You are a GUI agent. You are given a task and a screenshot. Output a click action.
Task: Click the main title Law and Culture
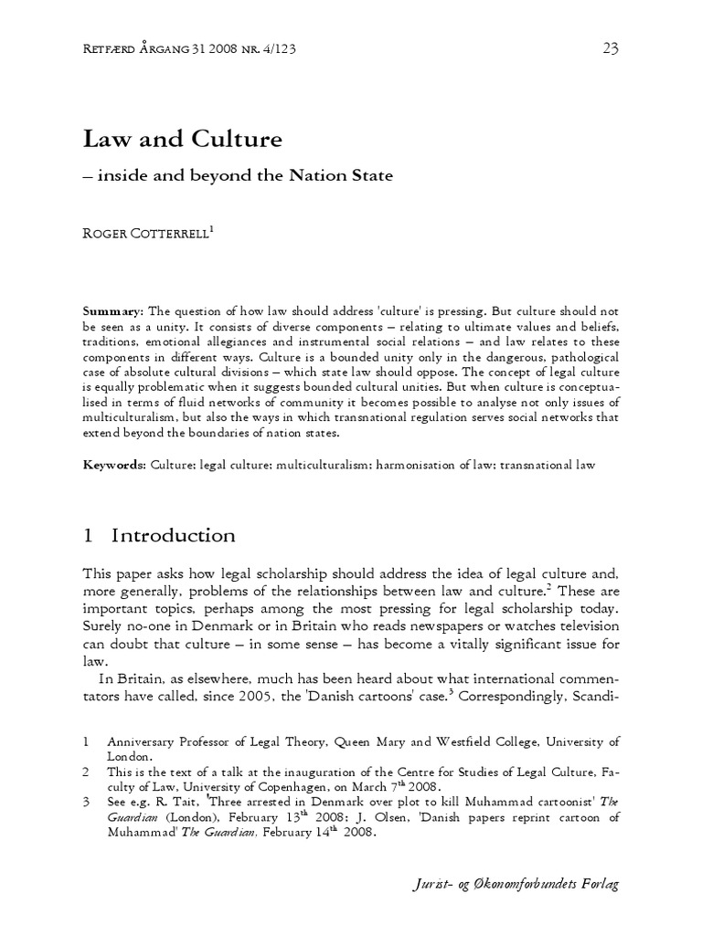[x=183, y=140]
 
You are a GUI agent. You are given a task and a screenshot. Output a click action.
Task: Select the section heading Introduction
[x=173, y=535]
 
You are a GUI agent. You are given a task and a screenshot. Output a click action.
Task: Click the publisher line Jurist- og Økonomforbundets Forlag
[x=518, y=885]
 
